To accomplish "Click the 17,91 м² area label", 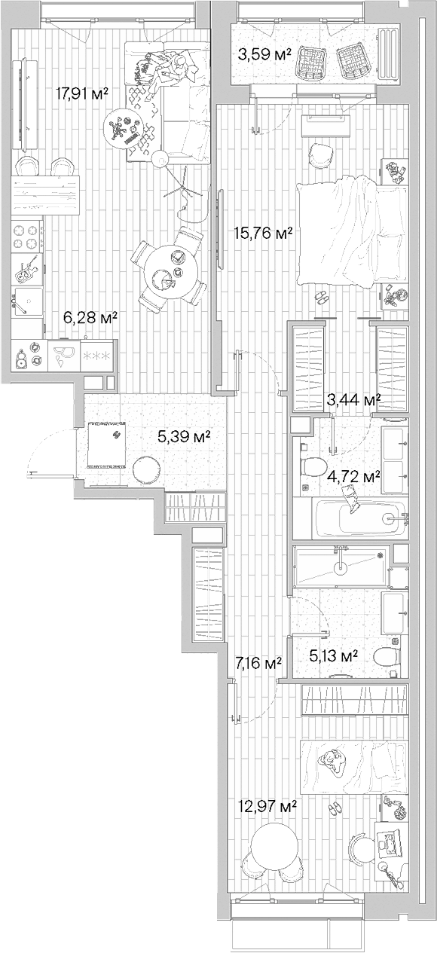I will click(x=83, y=93).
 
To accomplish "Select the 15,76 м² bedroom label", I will click(x=263, y=234).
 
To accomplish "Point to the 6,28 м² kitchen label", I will click(x=90, y=318).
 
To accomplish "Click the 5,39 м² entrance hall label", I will click(x=183, y=435).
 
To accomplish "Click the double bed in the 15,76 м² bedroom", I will click(x=350, y=234).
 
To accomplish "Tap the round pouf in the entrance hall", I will click(x=145, y=470).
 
